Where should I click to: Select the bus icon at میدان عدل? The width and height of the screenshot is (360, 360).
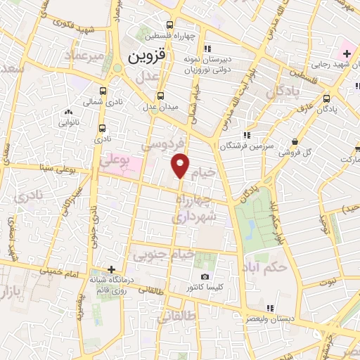(161, 96)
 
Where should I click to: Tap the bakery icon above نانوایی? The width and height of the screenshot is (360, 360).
(68, 112)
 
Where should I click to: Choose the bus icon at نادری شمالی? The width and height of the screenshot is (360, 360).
(103, 91)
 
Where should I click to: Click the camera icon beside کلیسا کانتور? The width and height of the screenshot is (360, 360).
(205, 277)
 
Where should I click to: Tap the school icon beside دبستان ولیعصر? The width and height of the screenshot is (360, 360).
(269, 308)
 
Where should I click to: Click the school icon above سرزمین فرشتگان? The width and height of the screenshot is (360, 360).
(246, 135)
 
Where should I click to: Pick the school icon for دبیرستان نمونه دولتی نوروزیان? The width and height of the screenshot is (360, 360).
(207, 49)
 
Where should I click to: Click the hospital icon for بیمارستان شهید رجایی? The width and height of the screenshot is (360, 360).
(347, 53)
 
